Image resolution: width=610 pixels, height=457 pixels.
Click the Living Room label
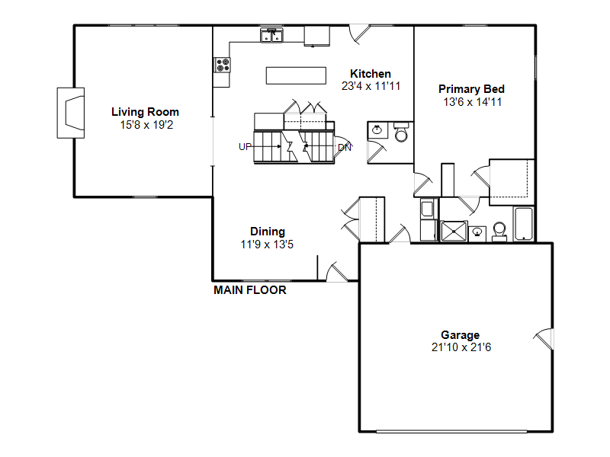tap(145, 112)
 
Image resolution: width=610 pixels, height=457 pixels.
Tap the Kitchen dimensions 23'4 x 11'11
tap(371, 86)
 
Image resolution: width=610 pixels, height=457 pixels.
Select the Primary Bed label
tap(471, 89)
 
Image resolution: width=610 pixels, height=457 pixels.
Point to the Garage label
tap(461, 335)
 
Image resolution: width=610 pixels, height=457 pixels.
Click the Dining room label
tap(268, 232)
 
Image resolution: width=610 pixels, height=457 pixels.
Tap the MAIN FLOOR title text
tap(250, 290)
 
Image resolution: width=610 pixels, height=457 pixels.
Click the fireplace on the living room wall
tap(71, 113)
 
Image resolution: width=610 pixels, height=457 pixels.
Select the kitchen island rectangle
tap(296, 75)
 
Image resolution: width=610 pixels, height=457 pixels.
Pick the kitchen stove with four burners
tap(223, 65)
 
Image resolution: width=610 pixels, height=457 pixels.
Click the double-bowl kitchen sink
tap(271, 35)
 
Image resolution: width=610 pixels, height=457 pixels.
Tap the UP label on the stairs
tap(245, 147)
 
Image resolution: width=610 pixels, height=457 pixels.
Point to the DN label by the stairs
tap(345, 148)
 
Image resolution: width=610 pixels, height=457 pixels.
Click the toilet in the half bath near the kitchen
tap(401, 132)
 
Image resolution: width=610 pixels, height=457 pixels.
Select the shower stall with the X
tap(454, 232)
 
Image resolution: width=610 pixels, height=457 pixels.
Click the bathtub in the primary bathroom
tap(524, 225)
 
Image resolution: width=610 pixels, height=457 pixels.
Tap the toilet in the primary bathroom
tap(499, 232)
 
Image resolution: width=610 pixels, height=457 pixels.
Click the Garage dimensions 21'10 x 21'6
tap(461, 347)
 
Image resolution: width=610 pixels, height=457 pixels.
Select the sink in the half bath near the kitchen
tap(377, 129)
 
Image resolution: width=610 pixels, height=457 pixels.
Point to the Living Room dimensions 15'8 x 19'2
tap(146, 125)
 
